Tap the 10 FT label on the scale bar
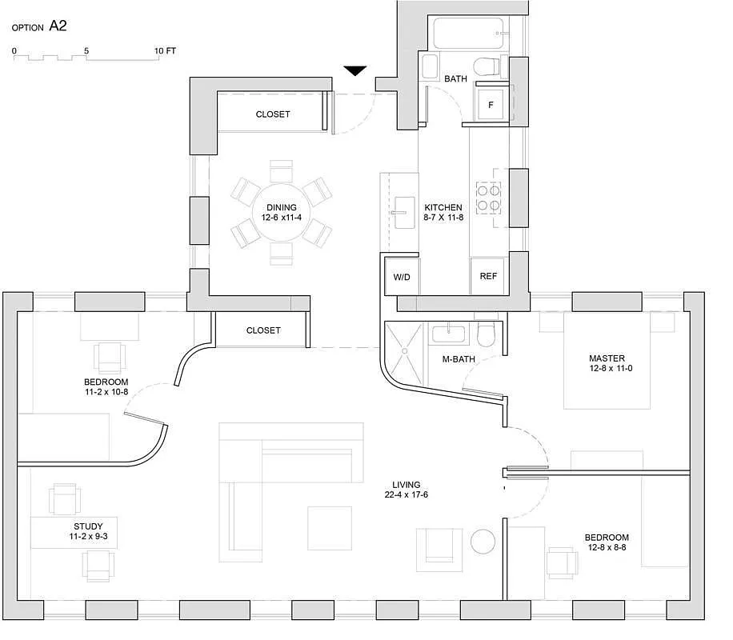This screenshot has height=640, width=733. pyautogui.click(x=166, y=50)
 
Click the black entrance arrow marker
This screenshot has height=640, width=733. pyautogui.click(x=355, y=71)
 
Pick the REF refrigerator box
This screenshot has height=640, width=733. pyautogui.click(x=488, y=275)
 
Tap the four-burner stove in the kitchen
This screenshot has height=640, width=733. pyautogui.click(x=488, y=197)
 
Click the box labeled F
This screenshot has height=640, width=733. pyautogui.click(x=491, y=105)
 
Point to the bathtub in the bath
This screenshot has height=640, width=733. pyautogui.click(x=470, y=34)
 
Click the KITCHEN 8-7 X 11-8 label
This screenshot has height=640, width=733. pyautogui.click(x=443, y=213)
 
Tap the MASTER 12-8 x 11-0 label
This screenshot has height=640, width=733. pyautogui.click(x=607, y=363)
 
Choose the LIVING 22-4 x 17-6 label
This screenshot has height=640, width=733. pyautogui.click(x=407, y=490)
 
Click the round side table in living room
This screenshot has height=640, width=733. pyautogui.click(x=484, y=542)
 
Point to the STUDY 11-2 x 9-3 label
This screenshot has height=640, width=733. pyautogui.click(x=88, y=531)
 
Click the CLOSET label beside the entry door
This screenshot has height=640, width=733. pyautogui.click(x=273, y=114)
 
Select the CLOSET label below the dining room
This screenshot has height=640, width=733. pyautogui.click(x=263, y=330)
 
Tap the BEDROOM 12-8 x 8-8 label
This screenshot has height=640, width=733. pyautogui.click(x=606, y=542)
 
